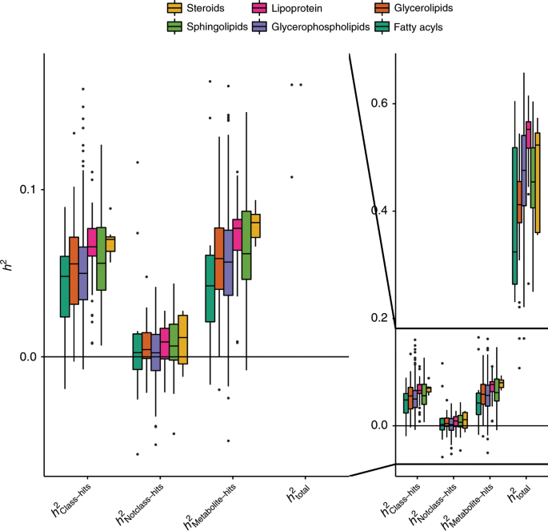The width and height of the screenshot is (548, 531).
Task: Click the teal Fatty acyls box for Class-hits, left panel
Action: (x=65, y=287)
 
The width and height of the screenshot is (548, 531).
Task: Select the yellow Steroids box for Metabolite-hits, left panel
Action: (x=256, y=225)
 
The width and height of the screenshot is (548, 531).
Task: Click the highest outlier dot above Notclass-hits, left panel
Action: (x=137, y=162)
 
